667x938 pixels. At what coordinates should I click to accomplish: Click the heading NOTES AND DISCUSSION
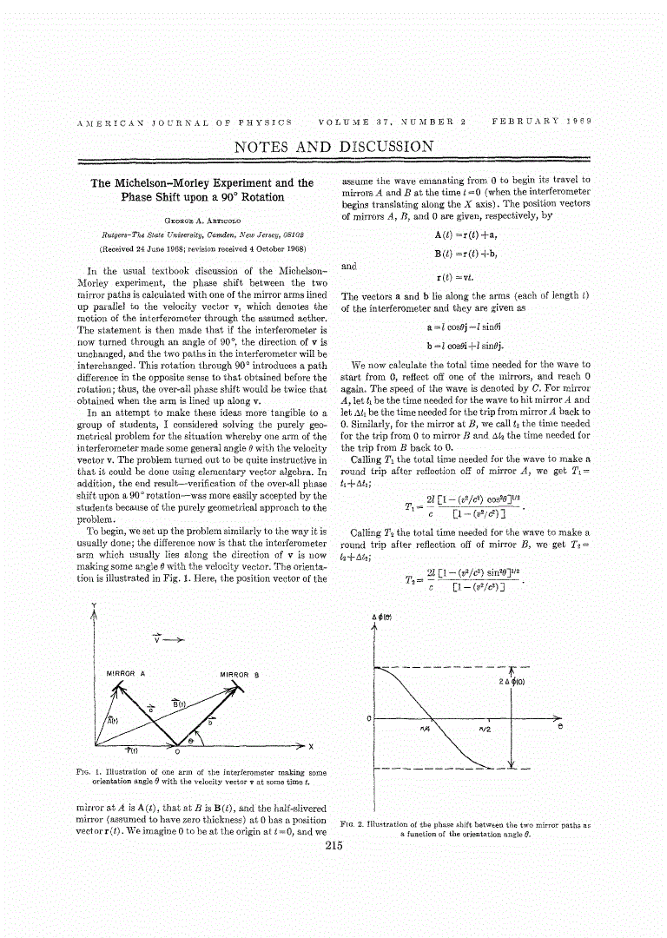(333, 147)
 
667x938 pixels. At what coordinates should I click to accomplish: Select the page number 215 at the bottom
(333, 848)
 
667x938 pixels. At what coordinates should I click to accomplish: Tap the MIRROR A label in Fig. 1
(125, 674)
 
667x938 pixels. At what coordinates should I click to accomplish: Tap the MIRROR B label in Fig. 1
(239, 674)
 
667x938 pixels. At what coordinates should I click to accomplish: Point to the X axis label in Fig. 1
(310, 747)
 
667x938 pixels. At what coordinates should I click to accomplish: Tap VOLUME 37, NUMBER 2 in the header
(393, 122)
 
